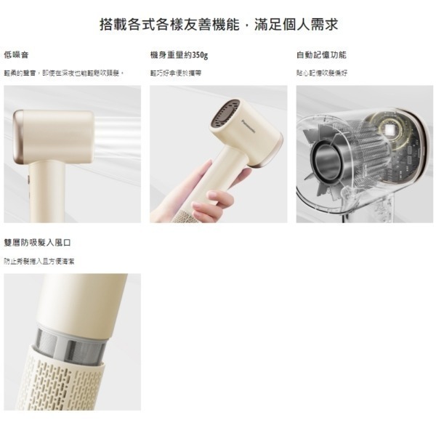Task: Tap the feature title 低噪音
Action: [16, 55]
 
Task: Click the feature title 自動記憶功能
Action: [321, 55]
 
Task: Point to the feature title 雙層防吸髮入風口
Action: [37, 243]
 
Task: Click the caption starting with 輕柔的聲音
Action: [63, 73]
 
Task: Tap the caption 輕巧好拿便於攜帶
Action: [175, 73]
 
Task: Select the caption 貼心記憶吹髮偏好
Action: [322, 73]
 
